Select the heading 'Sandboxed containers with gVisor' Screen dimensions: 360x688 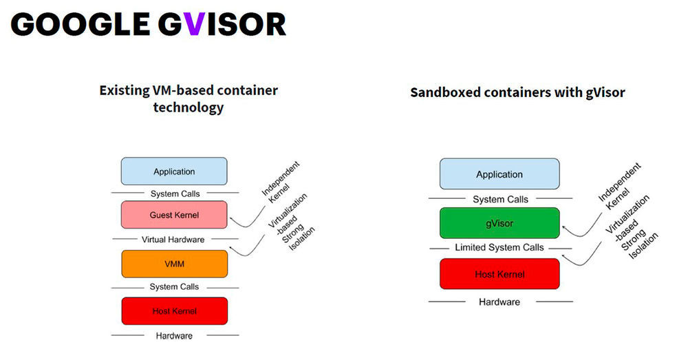[517, 92]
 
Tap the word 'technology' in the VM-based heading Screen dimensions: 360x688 [188, 108]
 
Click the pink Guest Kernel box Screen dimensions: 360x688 [174, 215]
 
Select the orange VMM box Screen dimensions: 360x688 [174, 264]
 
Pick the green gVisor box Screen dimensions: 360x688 [499, 223]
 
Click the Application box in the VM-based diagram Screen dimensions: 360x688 [174, 171]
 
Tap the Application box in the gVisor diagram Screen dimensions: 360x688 [499, 174]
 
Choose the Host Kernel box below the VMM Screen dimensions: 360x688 [174, 311]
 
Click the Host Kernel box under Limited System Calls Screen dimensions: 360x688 [499, 275]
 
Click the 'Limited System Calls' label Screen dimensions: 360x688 [499, 247]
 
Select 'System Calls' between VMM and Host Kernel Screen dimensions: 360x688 [174, 286]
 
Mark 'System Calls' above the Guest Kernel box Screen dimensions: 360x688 [174, 193]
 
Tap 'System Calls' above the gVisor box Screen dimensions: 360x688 [499, 199]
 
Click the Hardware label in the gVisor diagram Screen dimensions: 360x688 [499, 301]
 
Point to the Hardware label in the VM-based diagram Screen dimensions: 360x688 [174, 335]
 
